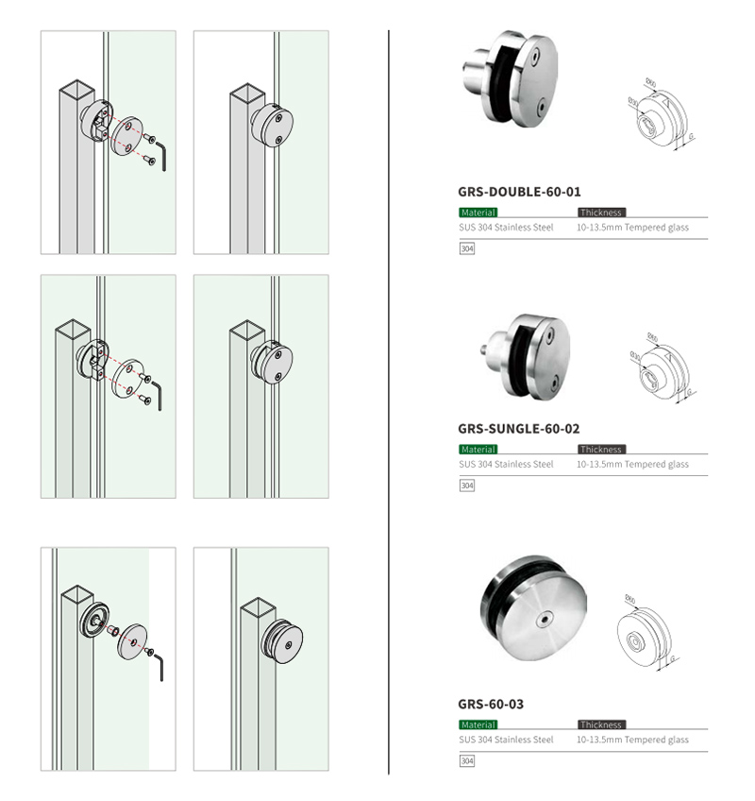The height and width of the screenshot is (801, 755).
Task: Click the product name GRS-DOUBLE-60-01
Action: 519,191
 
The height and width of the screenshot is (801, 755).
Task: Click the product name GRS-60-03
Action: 491,704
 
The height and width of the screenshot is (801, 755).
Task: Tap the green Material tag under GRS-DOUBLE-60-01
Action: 478,213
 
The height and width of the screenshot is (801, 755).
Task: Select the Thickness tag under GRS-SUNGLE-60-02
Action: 601,450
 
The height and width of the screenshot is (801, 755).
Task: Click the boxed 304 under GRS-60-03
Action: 466,761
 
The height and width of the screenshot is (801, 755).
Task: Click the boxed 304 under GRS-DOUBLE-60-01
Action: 466,249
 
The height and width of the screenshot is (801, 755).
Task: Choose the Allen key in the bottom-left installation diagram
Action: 159,666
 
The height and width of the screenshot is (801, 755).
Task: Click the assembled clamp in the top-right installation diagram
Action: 272,126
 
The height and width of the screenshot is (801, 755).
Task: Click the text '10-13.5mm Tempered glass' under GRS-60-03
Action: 632,740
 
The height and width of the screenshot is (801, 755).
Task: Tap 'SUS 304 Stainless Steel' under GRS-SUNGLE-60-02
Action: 506,465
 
